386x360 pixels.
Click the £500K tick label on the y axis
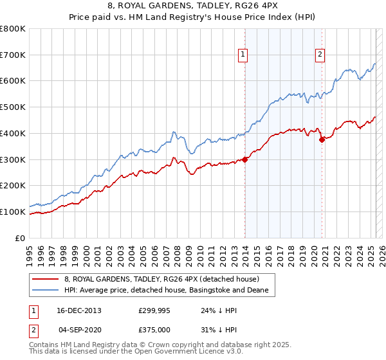pos(13,107)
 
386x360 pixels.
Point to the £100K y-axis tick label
pos(13,212)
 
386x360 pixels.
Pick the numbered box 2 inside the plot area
pos(320,55)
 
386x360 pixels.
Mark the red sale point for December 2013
pos(245,159)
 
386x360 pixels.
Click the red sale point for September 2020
pos(322,140)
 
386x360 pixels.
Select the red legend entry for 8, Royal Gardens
pos(161,280)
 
